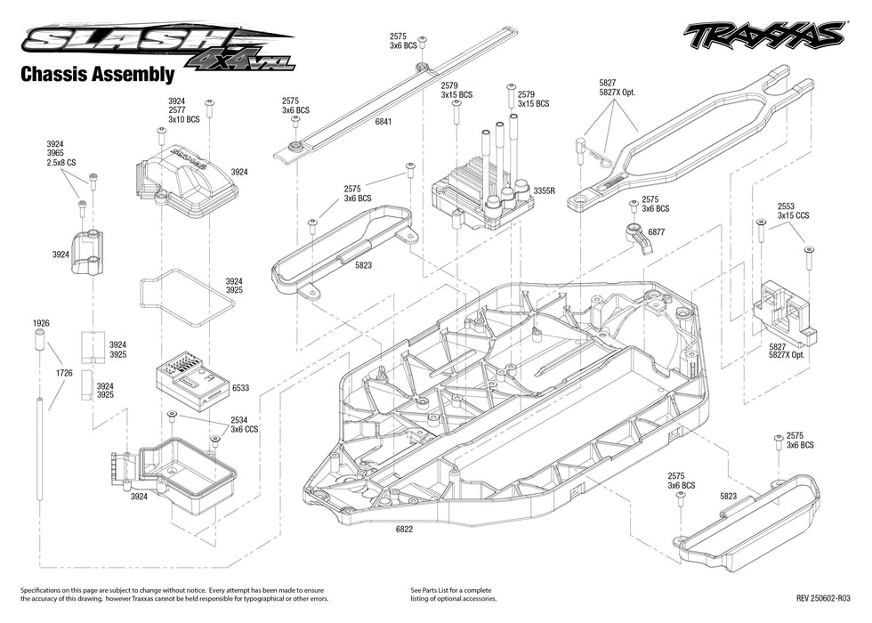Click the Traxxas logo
click(763, 36)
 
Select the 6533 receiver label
click(239, 389)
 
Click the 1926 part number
click(40, 322)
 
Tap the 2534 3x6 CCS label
click(245, 424)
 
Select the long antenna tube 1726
click(41, 445)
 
